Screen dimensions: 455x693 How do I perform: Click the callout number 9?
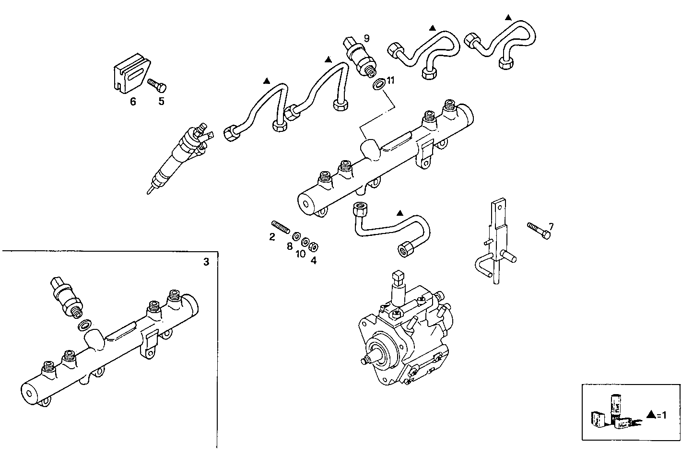pos(366,38)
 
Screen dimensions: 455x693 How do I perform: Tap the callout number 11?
pos(390,81)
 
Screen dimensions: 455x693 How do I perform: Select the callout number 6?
pos(133,102)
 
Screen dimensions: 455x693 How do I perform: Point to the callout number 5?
pos(161,102)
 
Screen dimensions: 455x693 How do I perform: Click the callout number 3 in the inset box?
pos(206,262)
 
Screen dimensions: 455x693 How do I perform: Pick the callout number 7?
pos(551,226)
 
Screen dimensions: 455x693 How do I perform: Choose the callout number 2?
pos(272,236)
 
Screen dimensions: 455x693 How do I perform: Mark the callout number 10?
pos(300,254)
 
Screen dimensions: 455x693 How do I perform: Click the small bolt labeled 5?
pos(157,85)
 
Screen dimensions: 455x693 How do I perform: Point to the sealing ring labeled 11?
pos(378,85)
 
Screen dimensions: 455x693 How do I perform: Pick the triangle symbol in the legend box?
pos(651,414)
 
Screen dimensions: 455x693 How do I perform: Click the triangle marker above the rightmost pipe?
pos(508,17)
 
